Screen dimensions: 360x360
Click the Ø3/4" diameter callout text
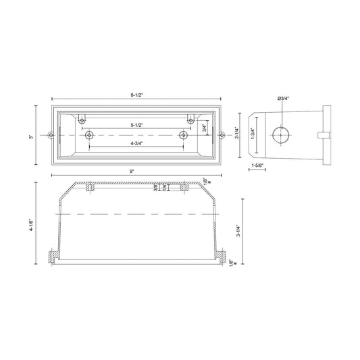click(x=282, y=99)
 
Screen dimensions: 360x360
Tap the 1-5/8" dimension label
click(x=257, y=165)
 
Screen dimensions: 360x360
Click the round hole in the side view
click(x=279, y=134)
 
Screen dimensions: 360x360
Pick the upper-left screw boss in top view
click(x=82, y=120)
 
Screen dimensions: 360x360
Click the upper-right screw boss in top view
click(x=191, y=120)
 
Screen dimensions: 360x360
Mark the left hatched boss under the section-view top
click(x=88, y=187)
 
